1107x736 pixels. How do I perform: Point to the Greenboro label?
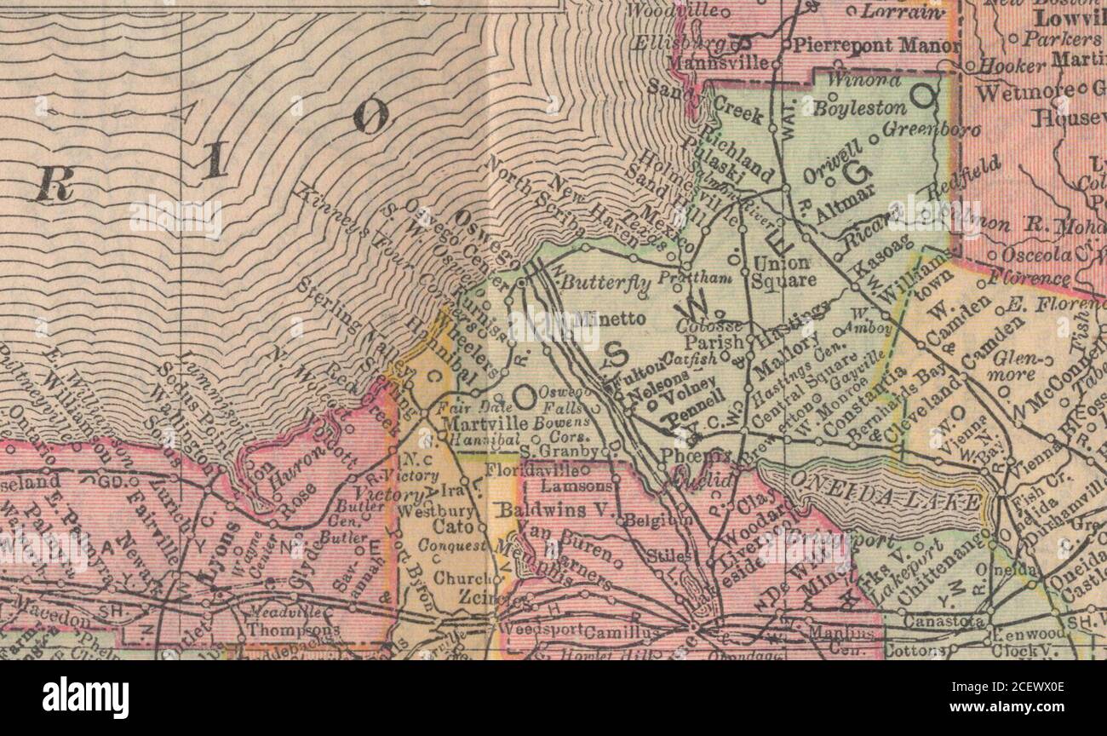coord(931,130)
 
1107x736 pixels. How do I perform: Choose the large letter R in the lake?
coord(53,182)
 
